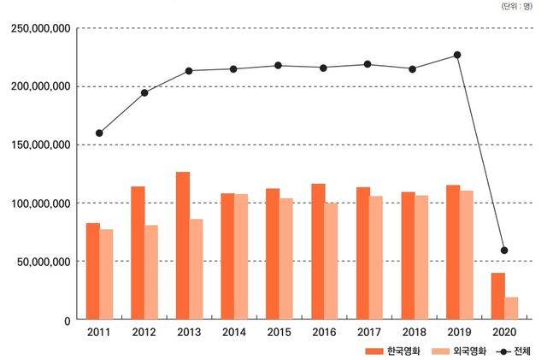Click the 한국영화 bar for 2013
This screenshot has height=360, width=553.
point(183,246)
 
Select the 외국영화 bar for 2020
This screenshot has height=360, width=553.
point(511,309)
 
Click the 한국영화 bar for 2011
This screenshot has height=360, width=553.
point(93,271)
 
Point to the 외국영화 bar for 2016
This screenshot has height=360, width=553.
point(331,261)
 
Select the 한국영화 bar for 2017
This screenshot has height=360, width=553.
point(362,253)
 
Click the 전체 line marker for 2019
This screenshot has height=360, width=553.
point(457,55)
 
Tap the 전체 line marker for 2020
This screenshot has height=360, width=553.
point(504,251)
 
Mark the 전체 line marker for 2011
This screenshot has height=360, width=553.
point(99,133)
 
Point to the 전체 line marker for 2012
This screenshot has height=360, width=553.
point(144,92)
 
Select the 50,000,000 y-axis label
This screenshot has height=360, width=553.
point(41,262)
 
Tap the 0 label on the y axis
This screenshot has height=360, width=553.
point(66,320)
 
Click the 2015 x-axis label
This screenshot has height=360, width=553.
point(279,333)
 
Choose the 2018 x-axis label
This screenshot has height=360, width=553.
point(414,333)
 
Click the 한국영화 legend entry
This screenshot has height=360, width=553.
point(392,351)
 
